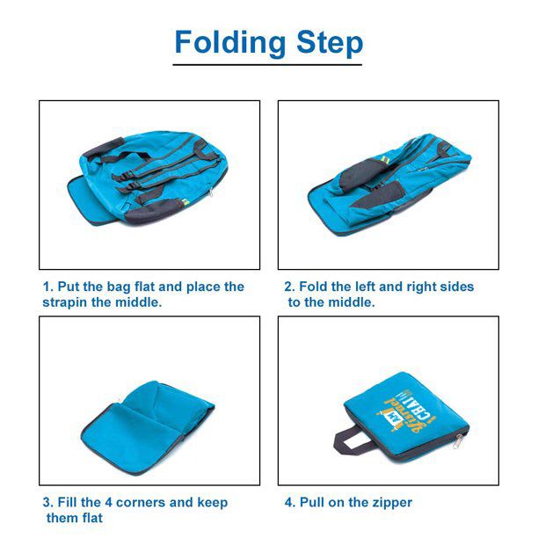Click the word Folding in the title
click(230, 43)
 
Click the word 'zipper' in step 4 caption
click(390, 503)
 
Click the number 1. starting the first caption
click(48, 287)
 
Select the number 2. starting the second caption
click(290, 287)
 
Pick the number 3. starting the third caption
click(48, 502)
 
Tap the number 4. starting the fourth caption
click(290, 502)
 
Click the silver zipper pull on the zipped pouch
click(457, 441)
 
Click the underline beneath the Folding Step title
click(267, 64)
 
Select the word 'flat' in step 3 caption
click(91, 518)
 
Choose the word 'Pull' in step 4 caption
click(312, 502)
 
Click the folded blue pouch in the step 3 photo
click(148, 427)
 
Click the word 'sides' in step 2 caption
click(459, 287)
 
